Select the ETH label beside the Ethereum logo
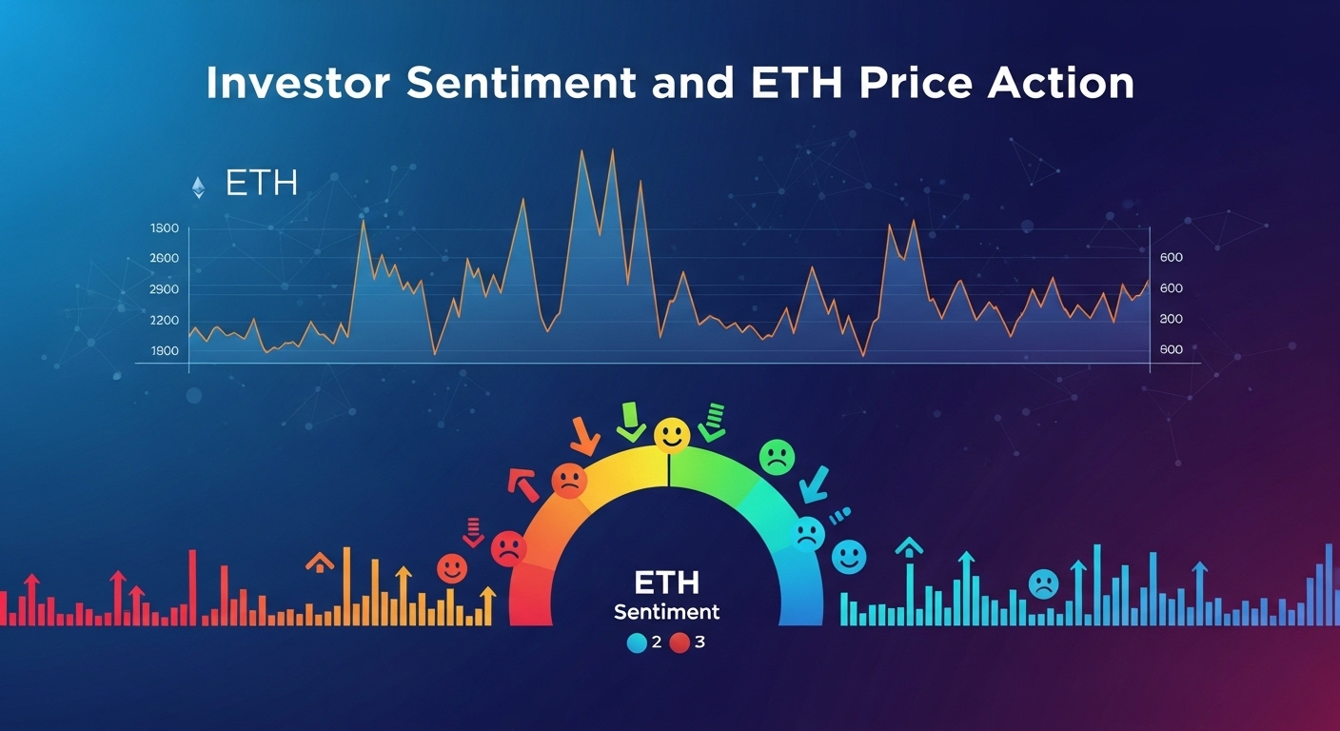pos(262,185)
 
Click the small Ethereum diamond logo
pos(198,187)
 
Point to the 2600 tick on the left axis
pos(165,259)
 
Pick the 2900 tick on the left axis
pos(165,289)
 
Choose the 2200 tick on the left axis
pos(165,321)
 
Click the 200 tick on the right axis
pos(1171,319)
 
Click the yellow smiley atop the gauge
pos(671,435)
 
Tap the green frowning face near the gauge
pos(776,457)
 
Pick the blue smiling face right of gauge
pos(849,557)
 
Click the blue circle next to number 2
pos(637,643)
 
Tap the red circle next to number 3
pos(680,643)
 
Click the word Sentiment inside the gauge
pos(666,611)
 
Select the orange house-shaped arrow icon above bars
pos(320,562)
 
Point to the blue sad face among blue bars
pos(1043,583)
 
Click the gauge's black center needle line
pos(670,470)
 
